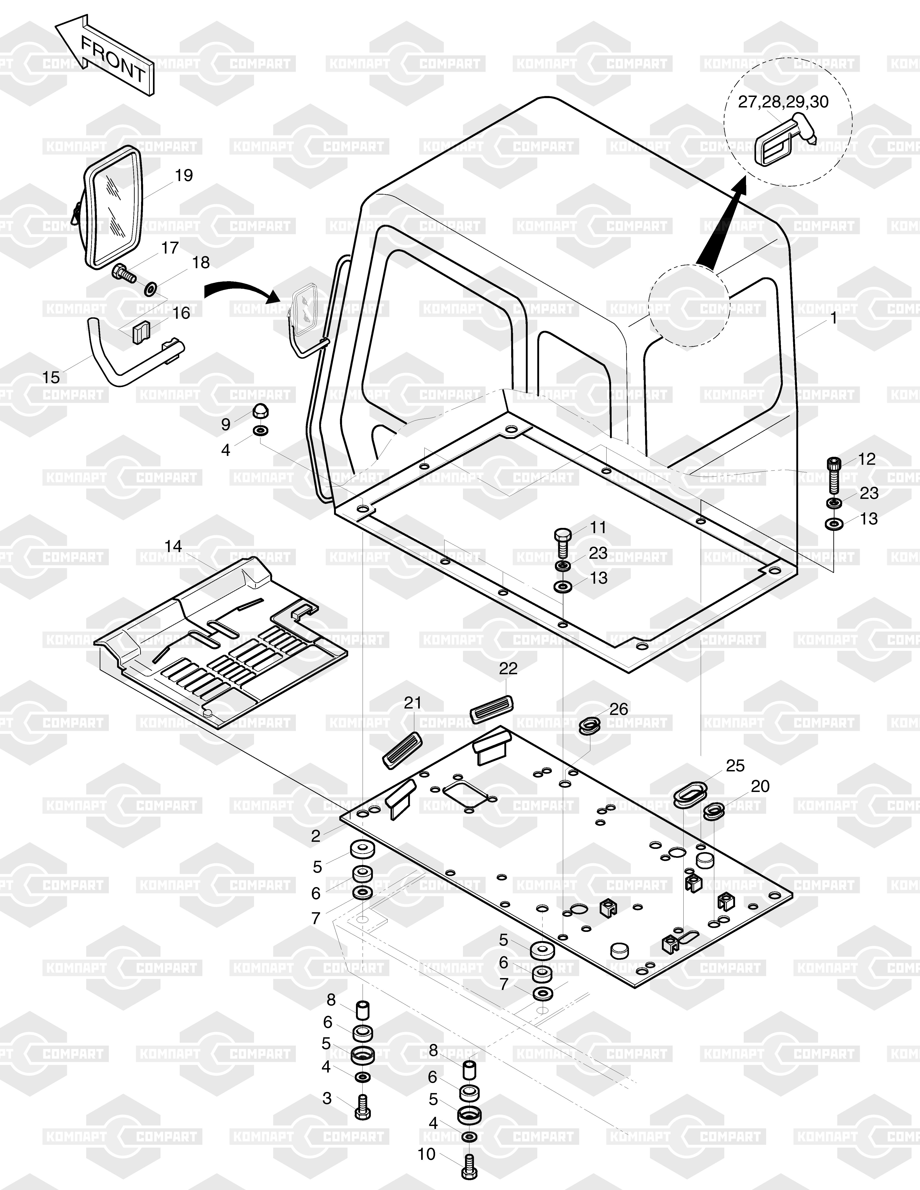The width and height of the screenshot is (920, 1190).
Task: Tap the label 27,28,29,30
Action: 783,102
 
